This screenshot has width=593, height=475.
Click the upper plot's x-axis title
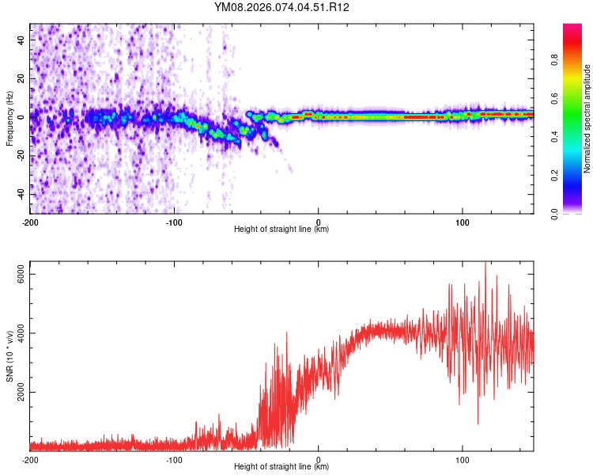click(x=281, y=229)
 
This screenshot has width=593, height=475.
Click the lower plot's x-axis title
click(x=281, y=466)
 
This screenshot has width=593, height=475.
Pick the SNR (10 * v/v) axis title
click(x=9, y=356)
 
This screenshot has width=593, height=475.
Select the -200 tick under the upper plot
click(x=30, y=221)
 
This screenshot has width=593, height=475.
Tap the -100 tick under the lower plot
click(x=174, y=458)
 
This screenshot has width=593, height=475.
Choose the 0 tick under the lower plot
click(x=318, y=458)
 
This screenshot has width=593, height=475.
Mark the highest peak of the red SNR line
click(x=485, y=263)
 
